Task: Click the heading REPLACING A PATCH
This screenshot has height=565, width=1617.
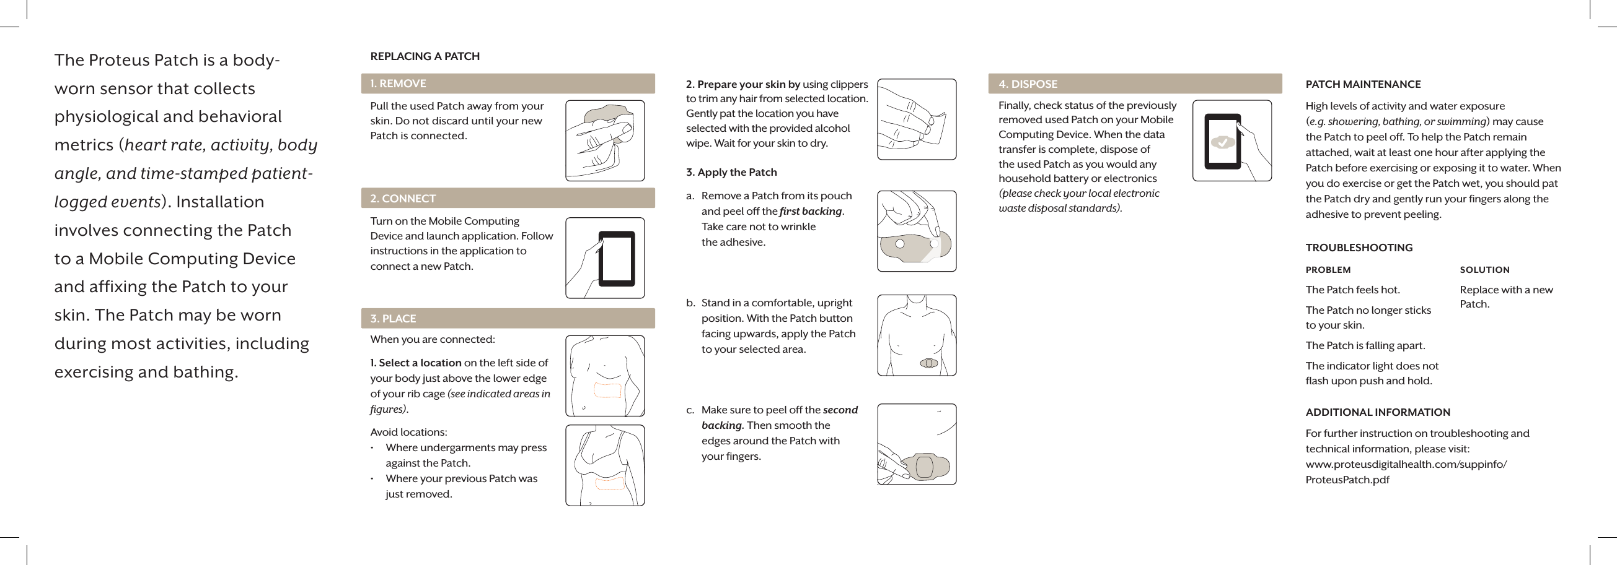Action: click(425, 56)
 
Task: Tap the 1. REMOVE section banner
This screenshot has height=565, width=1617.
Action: click(507, 84)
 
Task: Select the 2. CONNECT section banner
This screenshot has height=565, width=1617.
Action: click(507, 198)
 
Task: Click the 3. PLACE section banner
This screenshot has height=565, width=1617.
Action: click(507, 319)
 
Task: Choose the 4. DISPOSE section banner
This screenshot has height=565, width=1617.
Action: click(1134, 84)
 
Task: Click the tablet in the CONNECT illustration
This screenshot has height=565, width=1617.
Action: click(616, 258)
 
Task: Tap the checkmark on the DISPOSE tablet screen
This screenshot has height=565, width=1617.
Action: click(1222, 142)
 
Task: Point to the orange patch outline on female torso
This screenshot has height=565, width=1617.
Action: click(609, 483)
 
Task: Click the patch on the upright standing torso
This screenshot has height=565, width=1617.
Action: click(928, 363)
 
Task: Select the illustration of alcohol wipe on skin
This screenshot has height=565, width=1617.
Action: click(916, 119)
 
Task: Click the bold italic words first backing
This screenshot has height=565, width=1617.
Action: click(811, 211)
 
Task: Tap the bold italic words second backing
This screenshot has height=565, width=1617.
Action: click(840, 410)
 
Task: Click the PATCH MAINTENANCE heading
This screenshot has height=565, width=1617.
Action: click(1363, 84)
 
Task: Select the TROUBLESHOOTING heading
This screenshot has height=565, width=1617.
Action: click(1359, 248)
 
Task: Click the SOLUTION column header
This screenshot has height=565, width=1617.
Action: click(1484, 270)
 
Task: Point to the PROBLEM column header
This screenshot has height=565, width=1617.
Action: click(1328, 270)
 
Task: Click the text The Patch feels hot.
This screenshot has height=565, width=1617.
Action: click(1352, 290)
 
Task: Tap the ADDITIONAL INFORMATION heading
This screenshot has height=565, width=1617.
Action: click(1377, 412)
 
